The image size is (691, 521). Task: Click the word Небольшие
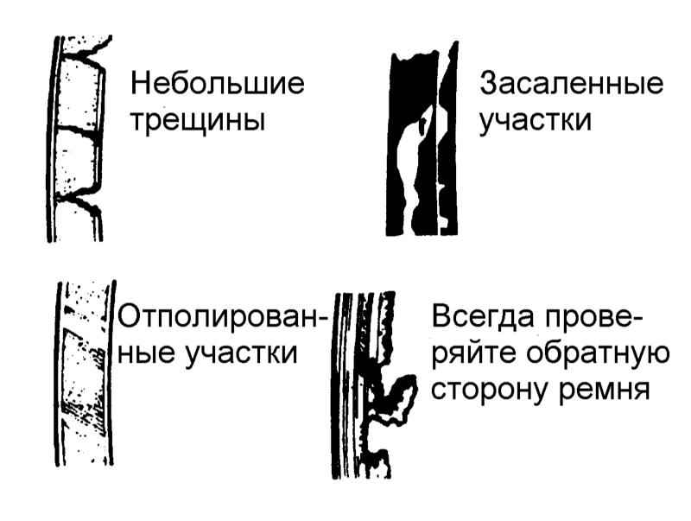pos(218,83)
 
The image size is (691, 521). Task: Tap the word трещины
pos(198,120)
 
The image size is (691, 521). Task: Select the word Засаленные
pos(571,83)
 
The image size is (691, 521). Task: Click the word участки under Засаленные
pos(535,121)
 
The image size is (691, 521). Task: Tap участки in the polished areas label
pos(242,354)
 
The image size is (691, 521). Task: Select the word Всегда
pos(482,317)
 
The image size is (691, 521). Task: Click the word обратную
pos(598,353)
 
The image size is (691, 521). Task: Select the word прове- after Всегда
pos(593,317)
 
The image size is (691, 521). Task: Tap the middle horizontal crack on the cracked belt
pos(78,130)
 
